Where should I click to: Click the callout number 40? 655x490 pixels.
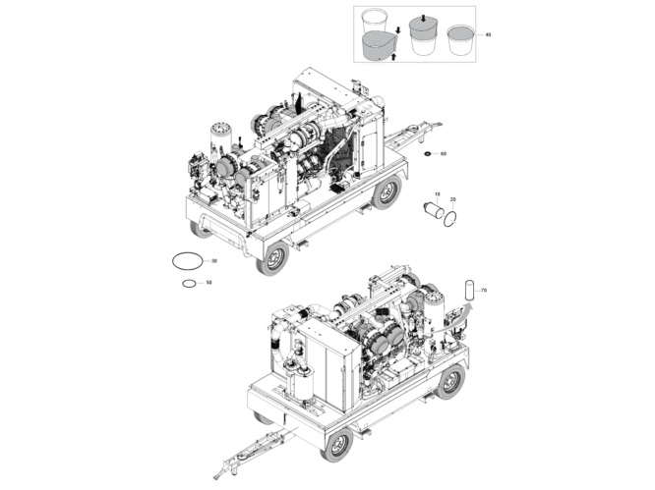point(488,34)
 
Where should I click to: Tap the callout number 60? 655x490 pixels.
point(444,154)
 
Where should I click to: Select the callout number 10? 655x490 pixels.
point(437,194)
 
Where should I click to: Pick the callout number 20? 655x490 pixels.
point(452,200)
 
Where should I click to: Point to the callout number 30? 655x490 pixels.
point(213,260)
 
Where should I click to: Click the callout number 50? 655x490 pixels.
point(208,283)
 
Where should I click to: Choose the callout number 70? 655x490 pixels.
point(484,290)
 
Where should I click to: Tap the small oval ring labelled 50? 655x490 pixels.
point(188,284)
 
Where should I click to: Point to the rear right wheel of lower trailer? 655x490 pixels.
point(450,381)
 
